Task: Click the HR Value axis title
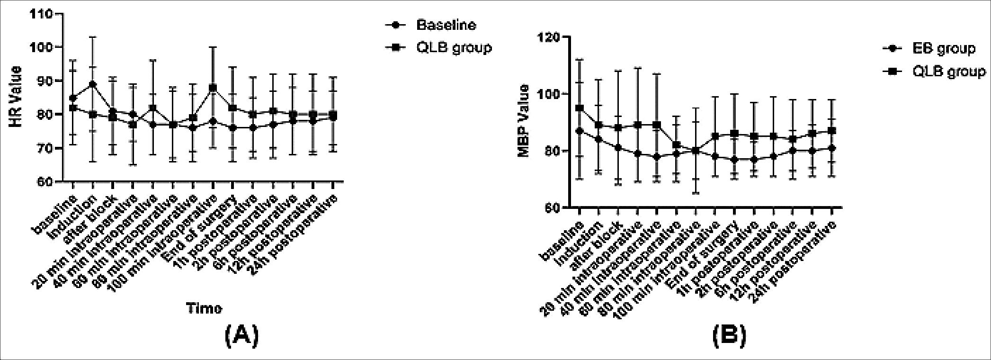point(16,97)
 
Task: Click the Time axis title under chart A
point(204,308)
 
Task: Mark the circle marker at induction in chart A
point(93,84)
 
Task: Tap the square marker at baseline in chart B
point(579,108)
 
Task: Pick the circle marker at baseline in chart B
point(579,131)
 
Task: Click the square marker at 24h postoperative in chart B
point(832,131)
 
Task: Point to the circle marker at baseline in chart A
point(73,98)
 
